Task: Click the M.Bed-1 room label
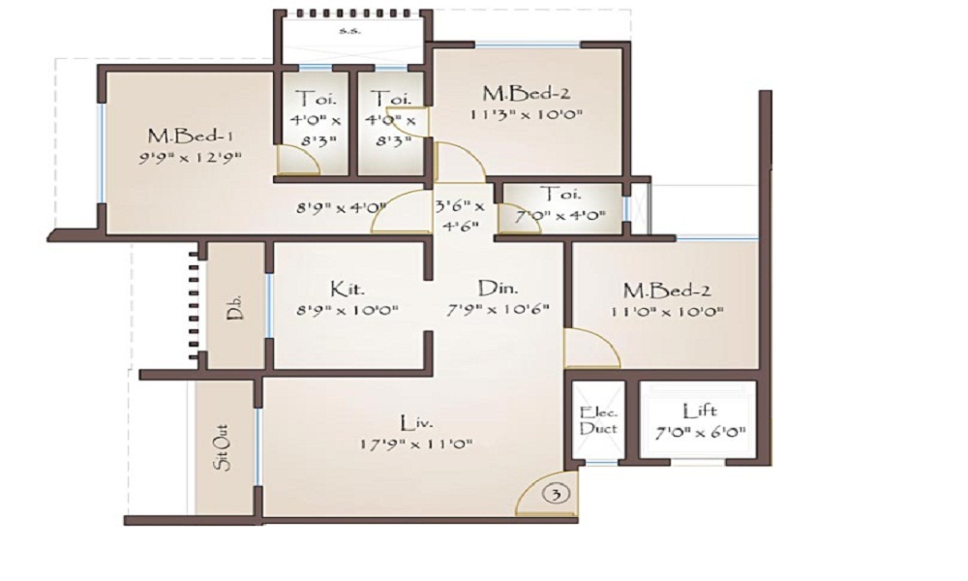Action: pyautogui.click(x=190, y=136)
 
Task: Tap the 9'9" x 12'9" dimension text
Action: pyautogui.click(x=190, y=158)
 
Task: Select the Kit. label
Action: pyautogui.click(x=348, y=289)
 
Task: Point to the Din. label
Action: pyautogui.click(x=498, y=288)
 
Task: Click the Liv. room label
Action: pyautogui.click(x=416, y=423)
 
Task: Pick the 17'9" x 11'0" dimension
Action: pyautogui.click(x=416, y=443)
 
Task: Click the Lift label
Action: pyautogui.click(x=700, y=412)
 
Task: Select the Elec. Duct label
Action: pyautogui.click(x=598, y=420)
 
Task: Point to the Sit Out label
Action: pyautogui.click(x=223, y=447)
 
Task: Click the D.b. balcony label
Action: pyautogui.click(x=234, y=307)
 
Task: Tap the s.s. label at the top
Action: pyautogui.click(x=350, y=30)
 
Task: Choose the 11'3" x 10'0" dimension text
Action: pyautogui.click(x=527, y=114)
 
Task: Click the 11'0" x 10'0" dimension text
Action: pyautogui.click(x=667, y=312)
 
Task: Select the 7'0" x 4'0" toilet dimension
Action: pyautogui.click(x=560, y=216)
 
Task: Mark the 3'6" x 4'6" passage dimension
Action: pyautogui.click(x=461, y=216)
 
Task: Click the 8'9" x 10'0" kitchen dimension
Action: pyautogui.click(x=348, y=309)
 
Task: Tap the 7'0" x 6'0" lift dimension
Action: pyautogui.click(x=700, y=432)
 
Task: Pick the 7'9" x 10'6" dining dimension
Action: pyautogui.click(x=498, y=309)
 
